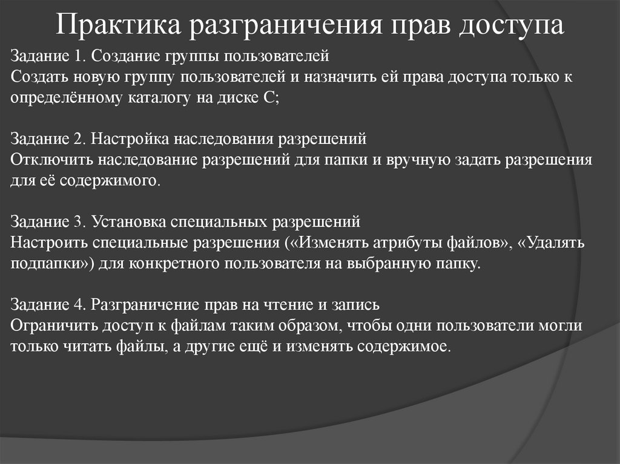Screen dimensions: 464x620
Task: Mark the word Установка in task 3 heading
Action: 121,221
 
